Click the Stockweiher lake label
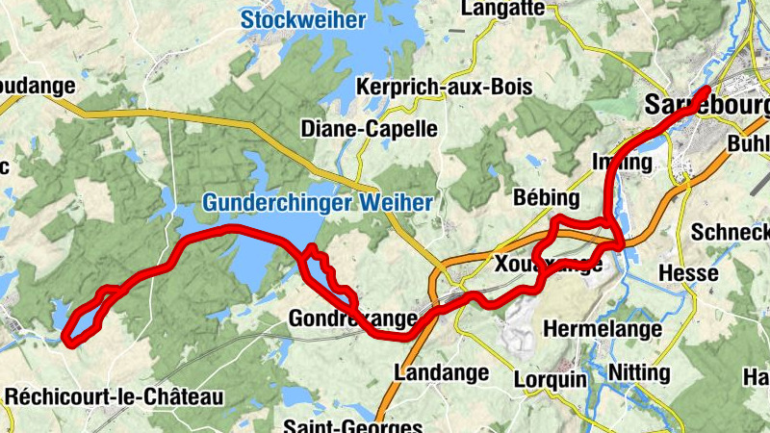click(x=303, y=20)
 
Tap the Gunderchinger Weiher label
click(x=318, y=202)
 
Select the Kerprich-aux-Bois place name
click(x=444, y=87)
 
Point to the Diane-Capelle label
click(x=370, y=128)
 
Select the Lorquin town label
click(x=550, y=378)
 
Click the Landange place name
click(x=437, y=371)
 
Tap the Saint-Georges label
click(x=353, y=426)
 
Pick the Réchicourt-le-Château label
click(x=115, y=396)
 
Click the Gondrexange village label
click(x=353, y=318)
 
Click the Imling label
click(x=623, y=162)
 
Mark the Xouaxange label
click(x=548, y=264)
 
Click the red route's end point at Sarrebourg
click(x=707, y=90)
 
